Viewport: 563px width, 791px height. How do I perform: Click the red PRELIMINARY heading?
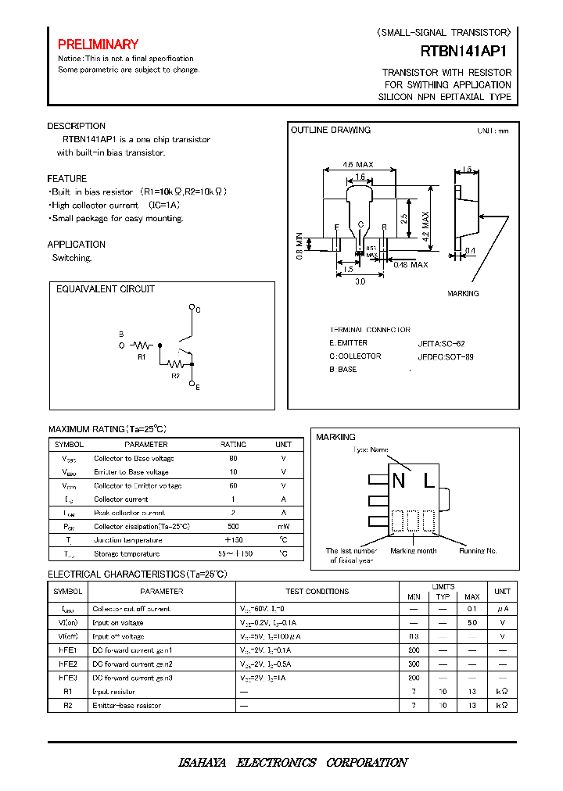(x=98, y=45)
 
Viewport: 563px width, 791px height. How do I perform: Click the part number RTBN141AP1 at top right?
(x=466, y=52)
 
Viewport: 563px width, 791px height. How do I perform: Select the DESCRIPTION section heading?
(x=76, y=126)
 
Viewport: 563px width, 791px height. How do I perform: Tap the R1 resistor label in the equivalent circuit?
(x=142, y=356)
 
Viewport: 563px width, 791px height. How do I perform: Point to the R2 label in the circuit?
(x=175, y=375)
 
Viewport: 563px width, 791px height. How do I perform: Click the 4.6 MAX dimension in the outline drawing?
(x=358, y=165)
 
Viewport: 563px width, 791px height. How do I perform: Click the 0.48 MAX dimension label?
(x=411, y=264)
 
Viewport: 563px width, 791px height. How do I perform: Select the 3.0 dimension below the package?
(x=360, y=282)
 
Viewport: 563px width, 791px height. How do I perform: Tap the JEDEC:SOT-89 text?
(x=445, y=356)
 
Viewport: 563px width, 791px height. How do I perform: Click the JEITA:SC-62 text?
(x=441, y=343)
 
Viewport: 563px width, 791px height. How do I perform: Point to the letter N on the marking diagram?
(x=399, y=481)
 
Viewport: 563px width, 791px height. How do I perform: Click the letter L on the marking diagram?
(x=429, y=481)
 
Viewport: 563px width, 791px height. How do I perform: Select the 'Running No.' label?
(x=478, y=551)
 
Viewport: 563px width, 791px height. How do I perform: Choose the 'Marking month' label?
(x=414, y=551)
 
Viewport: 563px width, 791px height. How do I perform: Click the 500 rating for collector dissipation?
(x=233, y=527)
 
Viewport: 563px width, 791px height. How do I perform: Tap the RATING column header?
(x=233, y=444)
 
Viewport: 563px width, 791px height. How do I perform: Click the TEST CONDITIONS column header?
(x=317, y=592)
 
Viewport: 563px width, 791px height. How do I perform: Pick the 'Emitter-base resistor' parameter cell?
(x=127, y=705)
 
